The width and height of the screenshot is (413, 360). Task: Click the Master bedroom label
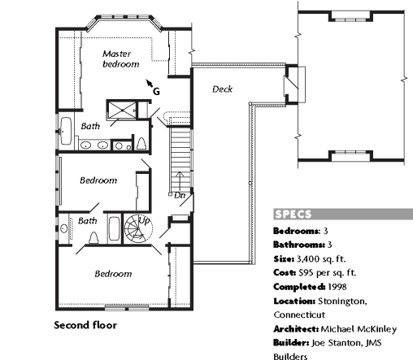tap(121, 59)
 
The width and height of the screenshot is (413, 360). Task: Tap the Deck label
tap(222, 89)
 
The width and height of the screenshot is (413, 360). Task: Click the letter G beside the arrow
tap(156, 92)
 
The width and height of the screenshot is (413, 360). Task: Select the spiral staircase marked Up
tap(138, 229)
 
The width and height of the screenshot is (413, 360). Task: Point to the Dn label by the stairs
tap(180, 195)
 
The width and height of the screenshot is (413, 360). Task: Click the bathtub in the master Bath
tap(66, 131)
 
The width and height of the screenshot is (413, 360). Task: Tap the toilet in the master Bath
tap(141, 144)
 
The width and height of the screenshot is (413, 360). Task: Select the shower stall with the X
tap(122, 110)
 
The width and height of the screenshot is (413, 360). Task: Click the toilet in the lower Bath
tap(93, 237)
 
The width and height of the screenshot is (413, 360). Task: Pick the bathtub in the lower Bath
tap(115, 229)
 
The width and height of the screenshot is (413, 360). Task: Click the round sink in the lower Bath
tap(63, 228)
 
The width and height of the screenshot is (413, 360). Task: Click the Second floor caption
tap(85, 325)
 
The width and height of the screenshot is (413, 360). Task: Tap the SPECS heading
tap(293, 215)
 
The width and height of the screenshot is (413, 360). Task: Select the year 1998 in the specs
tap(337, 287)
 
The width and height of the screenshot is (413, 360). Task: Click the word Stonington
tap(342, 301)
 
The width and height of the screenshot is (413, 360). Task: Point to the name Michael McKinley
tap(359, 329)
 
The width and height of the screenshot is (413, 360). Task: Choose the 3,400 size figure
tap(308, 259)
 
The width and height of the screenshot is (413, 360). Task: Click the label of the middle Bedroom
tap(98, 180)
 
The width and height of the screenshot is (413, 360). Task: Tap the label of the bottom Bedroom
tap(113, 274)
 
